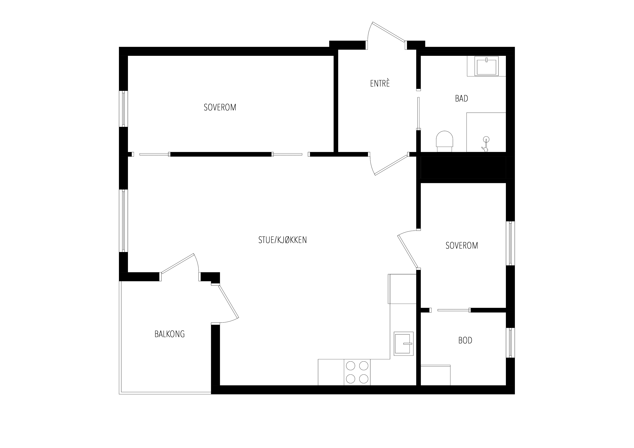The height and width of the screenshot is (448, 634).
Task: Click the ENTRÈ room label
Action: pyautogui.click(x=380, y=83)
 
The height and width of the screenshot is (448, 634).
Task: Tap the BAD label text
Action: pyautogui.click(x=461, y=99)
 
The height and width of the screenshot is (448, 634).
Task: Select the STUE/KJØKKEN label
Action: pyautogui.click(x=282, y=240)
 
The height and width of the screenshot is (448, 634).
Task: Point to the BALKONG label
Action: pyautogui.click(x=170, y=334)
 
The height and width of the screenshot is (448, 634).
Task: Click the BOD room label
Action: pyautogui.click(x=465, y=340)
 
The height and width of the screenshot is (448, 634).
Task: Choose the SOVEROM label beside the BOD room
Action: pyautogui.click(x=462, y=245)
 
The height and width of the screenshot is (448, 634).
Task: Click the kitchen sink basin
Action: pyautogui.click(x=403, y=343)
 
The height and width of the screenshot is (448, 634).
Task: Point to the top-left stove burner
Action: pyautogui.click(x=350, y=366)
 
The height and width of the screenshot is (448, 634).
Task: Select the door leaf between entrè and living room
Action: pyautogui.click(x=391, y=165)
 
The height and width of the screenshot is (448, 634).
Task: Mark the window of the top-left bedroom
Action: pyautogui.click(x=123, y=109)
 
